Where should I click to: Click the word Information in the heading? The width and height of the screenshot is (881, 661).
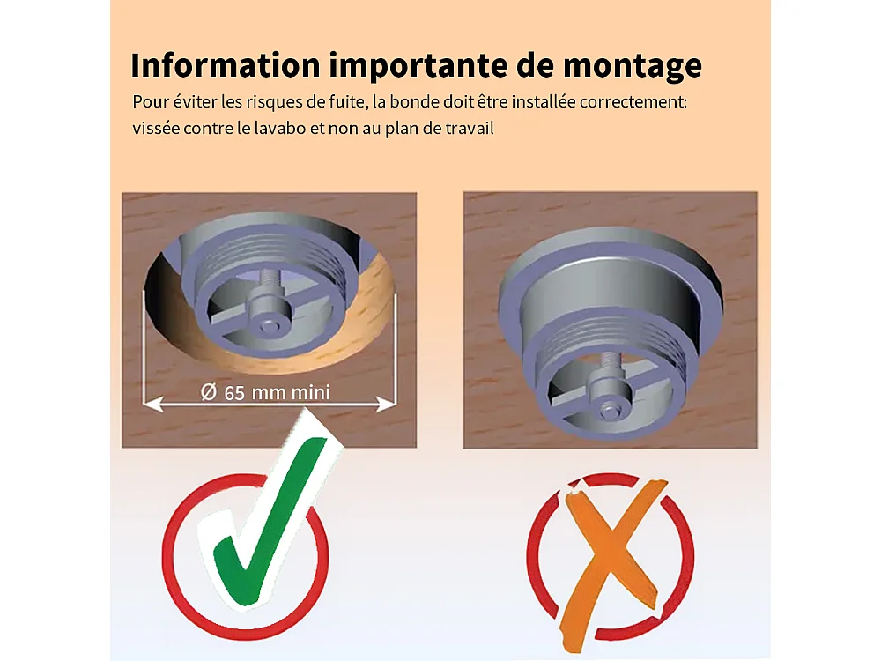point(226,65)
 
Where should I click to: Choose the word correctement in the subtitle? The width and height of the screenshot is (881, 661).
point(633,102)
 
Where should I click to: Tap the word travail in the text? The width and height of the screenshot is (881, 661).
point(470,128)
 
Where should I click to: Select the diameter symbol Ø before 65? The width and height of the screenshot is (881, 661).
point(209,392)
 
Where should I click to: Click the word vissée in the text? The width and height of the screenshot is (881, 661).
point(156,128)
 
